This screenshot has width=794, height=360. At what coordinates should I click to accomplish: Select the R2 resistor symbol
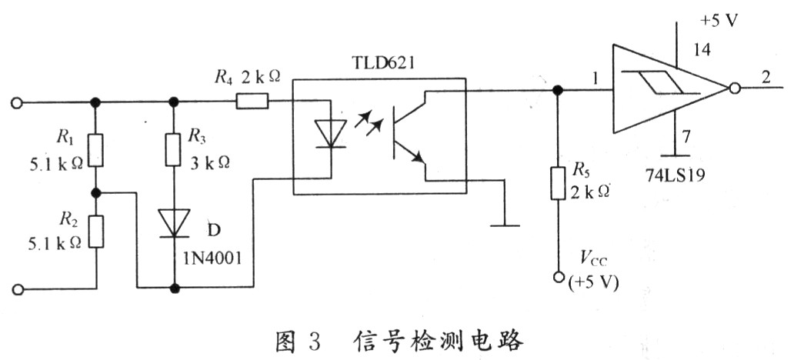click(95, 232)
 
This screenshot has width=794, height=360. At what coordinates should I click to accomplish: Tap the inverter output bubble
click(734, 89)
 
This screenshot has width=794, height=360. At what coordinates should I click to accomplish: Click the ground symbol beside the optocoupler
click(504, 225)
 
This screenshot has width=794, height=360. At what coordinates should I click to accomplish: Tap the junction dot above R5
click(559, 90)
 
